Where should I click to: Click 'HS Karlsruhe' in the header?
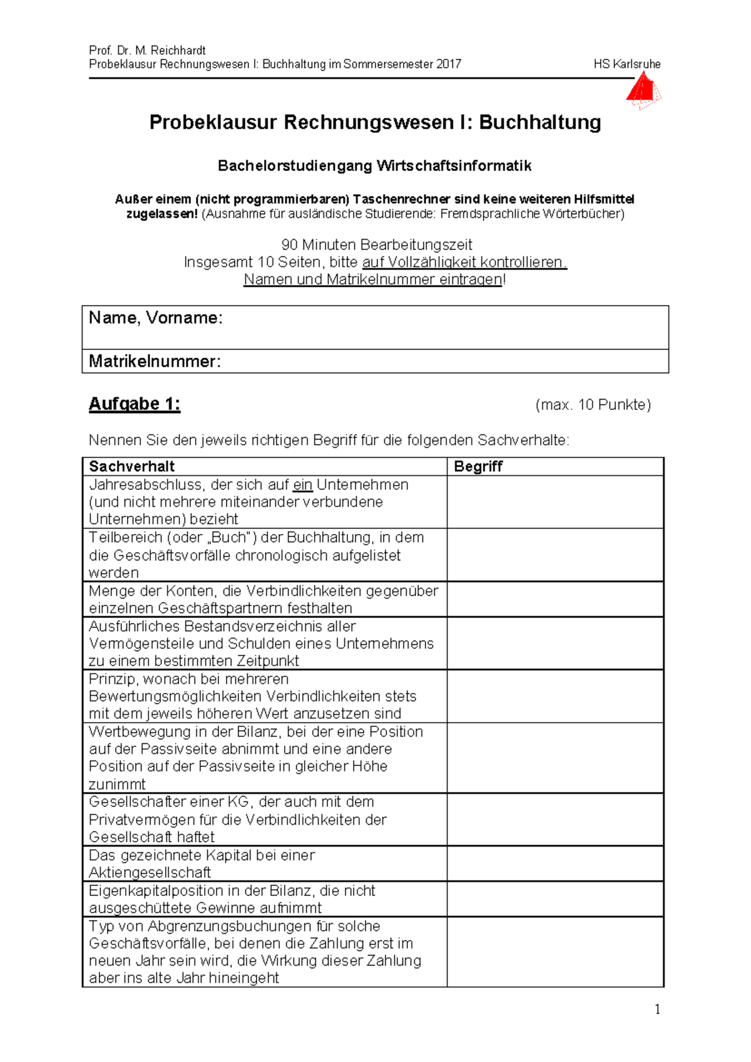626,64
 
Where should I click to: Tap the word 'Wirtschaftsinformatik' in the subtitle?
454,166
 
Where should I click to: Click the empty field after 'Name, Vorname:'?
438,327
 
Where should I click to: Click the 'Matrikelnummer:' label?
155,361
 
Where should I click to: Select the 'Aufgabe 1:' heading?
135,404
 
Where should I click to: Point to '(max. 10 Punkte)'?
593,405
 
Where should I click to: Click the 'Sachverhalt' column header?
132,467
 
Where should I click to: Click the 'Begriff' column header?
478,467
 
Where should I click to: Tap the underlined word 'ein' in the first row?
302,485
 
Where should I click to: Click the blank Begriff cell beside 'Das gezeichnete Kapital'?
554,864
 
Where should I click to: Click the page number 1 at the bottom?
656,1009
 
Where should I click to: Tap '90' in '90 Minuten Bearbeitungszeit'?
290,245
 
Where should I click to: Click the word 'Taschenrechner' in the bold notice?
401,200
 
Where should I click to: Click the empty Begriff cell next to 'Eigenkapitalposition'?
554,899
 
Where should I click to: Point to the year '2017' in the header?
448,64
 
